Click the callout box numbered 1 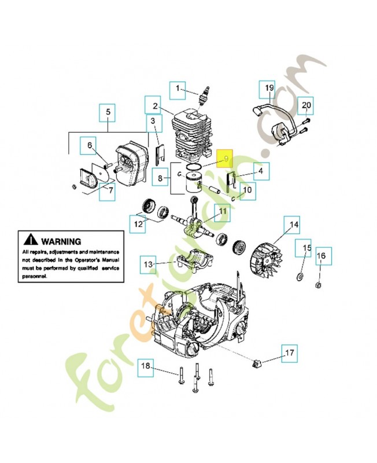tap(178, 89)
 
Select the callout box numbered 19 tap(269, 88)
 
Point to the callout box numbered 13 tap(149, 265)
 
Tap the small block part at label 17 tap(257, 362)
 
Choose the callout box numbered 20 tap(307, 105)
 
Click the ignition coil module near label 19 tap(277, 131)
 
